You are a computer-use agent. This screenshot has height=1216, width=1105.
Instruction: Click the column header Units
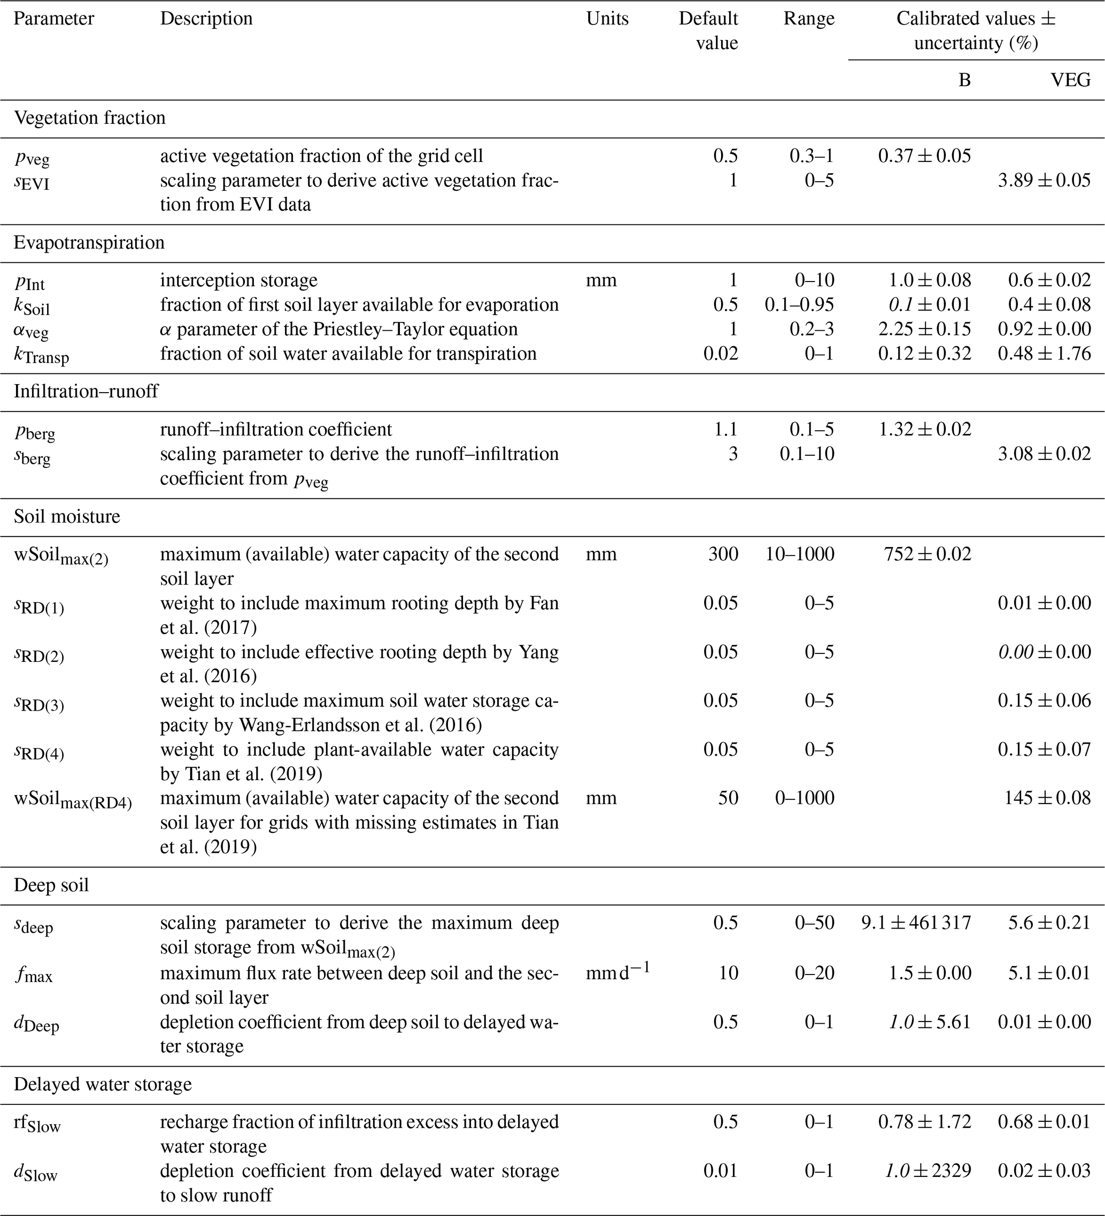point(607,19)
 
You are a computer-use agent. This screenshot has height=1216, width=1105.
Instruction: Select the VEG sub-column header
point(1071,80)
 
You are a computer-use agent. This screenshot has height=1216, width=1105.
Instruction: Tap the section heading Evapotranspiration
point(89,243)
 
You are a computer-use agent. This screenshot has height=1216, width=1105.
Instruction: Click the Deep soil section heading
point(51,885)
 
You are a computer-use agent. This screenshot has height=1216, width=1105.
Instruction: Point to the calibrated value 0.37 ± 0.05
point(924,156)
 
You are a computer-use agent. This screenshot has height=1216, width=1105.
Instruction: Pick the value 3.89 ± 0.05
point(1044,181)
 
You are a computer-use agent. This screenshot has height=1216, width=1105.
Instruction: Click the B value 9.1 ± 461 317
point(916,923)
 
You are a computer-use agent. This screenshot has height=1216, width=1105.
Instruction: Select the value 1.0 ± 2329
point(928,1171)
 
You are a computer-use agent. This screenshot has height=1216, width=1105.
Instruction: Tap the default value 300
point(723,554)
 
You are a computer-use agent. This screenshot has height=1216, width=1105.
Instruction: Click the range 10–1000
point(800,554)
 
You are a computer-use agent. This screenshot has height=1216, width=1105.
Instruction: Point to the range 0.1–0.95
point(799,305)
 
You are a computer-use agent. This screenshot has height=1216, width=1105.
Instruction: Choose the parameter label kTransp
point(41,355)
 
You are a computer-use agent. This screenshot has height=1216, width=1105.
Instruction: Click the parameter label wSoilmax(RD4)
point(72,799)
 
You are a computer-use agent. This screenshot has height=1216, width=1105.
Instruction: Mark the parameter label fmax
point(33,974)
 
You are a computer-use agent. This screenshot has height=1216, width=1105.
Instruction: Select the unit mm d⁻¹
point(617,972)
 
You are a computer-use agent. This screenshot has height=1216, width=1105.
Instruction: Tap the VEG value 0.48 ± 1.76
point(1044,354)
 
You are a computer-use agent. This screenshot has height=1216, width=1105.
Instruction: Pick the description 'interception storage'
point(238,280)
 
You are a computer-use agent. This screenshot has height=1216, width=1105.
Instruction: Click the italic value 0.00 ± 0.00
point(1044,652)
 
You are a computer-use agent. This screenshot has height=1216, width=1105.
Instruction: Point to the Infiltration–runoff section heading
point(86,392)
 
